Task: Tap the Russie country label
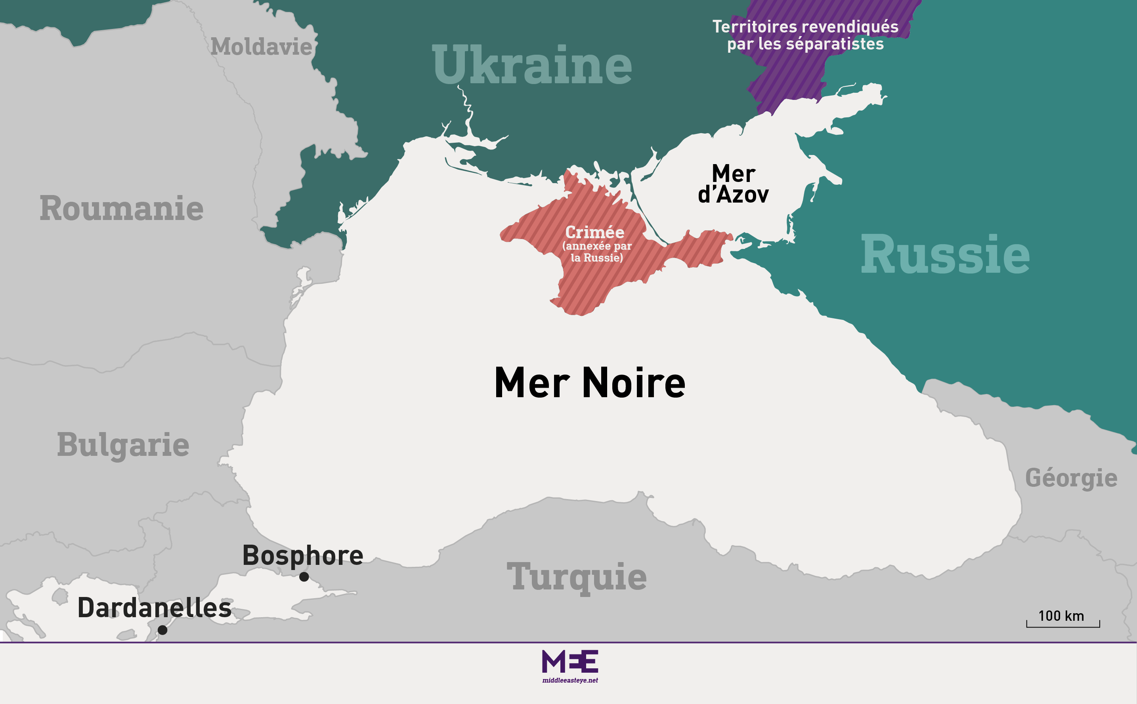tap(945, 255)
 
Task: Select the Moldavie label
tap(261, 47)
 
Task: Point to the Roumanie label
tap(122, 208)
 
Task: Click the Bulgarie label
tap(123, 445)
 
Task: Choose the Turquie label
tap(577, 576)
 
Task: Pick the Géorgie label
tap(1071, 478)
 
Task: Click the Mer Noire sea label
tap(590, 383)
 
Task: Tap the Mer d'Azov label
tap(733, 184)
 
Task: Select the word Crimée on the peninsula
tap(595, 232)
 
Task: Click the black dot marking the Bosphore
tap(304, 577)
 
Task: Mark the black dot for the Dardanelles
tap(162, 630)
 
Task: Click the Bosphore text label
tap(302, 555)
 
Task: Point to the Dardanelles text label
tap(155, 608)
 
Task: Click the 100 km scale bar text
tap(1061, 616)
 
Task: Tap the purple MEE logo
tap(569, 661)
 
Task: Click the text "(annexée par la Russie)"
tap(597, 252)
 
